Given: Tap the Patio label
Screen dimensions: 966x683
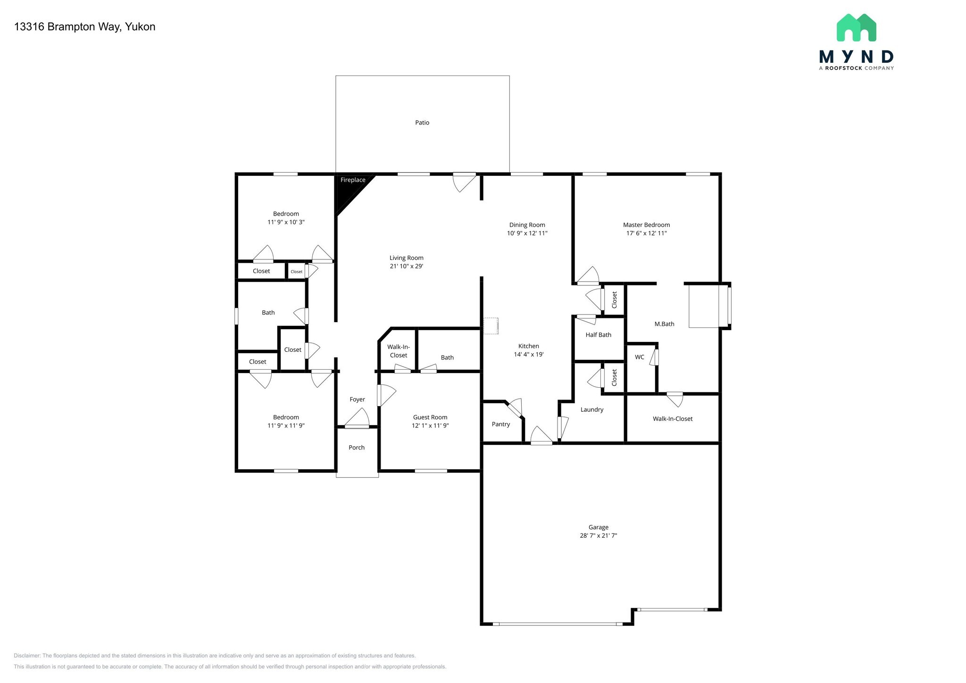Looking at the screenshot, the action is (422, 123).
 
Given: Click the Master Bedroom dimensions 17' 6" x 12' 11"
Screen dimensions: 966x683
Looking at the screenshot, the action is (646, 233).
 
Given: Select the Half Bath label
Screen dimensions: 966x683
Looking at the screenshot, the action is (598, 335).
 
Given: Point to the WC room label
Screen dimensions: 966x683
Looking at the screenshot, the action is (639, 357).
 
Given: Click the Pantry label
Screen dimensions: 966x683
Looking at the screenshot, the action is (500, 424).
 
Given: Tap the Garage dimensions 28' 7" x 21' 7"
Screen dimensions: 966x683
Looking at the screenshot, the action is (598, 535).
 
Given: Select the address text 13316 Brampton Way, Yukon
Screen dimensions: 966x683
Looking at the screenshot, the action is (85, 27).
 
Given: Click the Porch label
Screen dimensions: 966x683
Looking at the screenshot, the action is (357, 448).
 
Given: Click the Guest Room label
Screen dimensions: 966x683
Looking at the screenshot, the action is (430, 417).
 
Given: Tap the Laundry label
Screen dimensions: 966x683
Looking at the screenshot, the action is (591, 409).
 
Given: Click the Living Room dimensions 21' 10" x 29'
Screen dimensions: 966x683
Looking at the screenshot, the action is (406, 266).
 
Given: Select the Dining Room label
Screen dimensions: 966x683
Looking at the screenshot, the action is (527, 225).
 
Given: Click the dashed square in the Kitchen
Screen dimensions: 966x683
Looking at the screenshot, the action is (491, 326).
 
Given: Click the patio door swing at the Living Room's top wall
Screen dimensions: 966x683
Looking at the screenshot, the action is (464, 182).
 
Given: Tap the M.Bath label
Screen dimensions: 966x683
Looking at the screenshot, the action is (664, 324).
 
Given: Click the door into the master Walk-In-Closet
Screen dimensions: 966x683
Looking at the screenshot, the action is (675, 398).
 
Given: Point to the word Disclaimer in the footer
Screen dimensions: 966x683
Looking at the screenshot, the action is (27, 656).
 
